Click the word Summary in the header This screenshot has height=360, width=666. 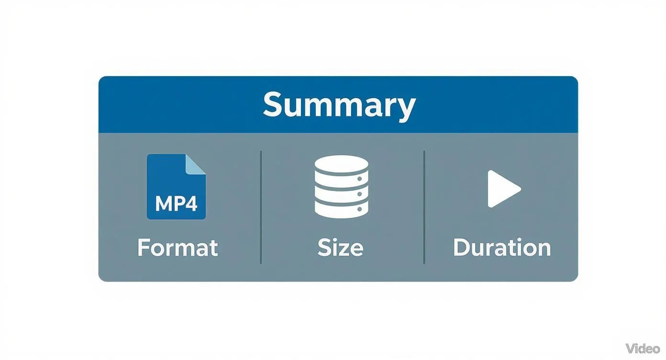coord(339,105)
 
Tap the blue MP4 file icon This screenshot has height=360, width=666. coord(176,187)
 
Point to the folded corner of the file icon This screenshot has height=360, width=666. coord(196,164)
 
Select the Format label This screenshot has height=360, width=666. coord(178,248)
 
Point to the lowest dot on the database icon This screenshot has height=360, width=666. coord(359,209)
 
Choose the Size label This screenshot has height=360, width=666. coord(340,248)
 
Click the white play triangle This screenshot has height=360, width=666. coord(502,189)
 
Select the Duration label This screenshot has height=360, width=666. coord(502,248)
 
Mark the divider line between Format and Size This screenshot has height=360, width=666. coord(261,207)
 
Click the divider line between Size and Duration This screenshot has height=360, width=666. coord(424,207)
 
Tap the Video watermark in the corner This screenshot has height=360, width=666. coord(643,348)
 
